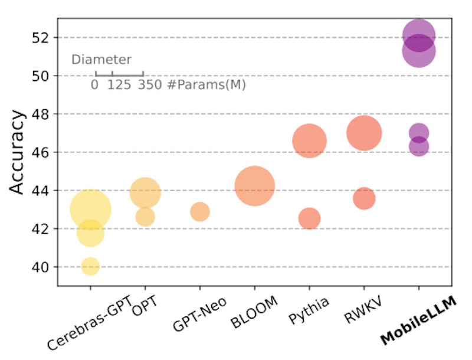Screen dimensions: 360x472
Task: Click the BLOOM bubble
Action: tap(254, 186)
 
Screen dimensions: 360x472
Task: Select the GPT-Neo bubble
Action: tap(200, 211)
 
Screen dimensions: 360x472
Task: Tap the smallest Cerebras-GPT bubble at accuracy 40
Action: tap(90, 266)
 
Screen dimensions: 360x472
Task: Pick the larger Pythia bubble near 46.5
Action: tap(309, 141)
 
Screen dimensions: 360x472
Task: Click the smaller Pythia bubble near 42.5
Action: tap(309, 219)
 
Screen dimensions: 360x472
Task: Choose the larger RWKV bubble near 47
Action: tap(364, 133)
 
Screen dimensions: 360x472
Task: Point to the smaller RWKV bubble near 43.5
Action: tap(364, 198)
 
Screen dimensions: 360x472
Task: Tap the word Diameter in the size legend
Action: tap(101, 60)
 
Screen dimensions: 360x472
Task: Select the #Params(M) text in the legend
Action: tap(205, 85)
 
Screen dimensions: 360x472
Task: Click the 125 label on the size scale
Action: tap(119, 85)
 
